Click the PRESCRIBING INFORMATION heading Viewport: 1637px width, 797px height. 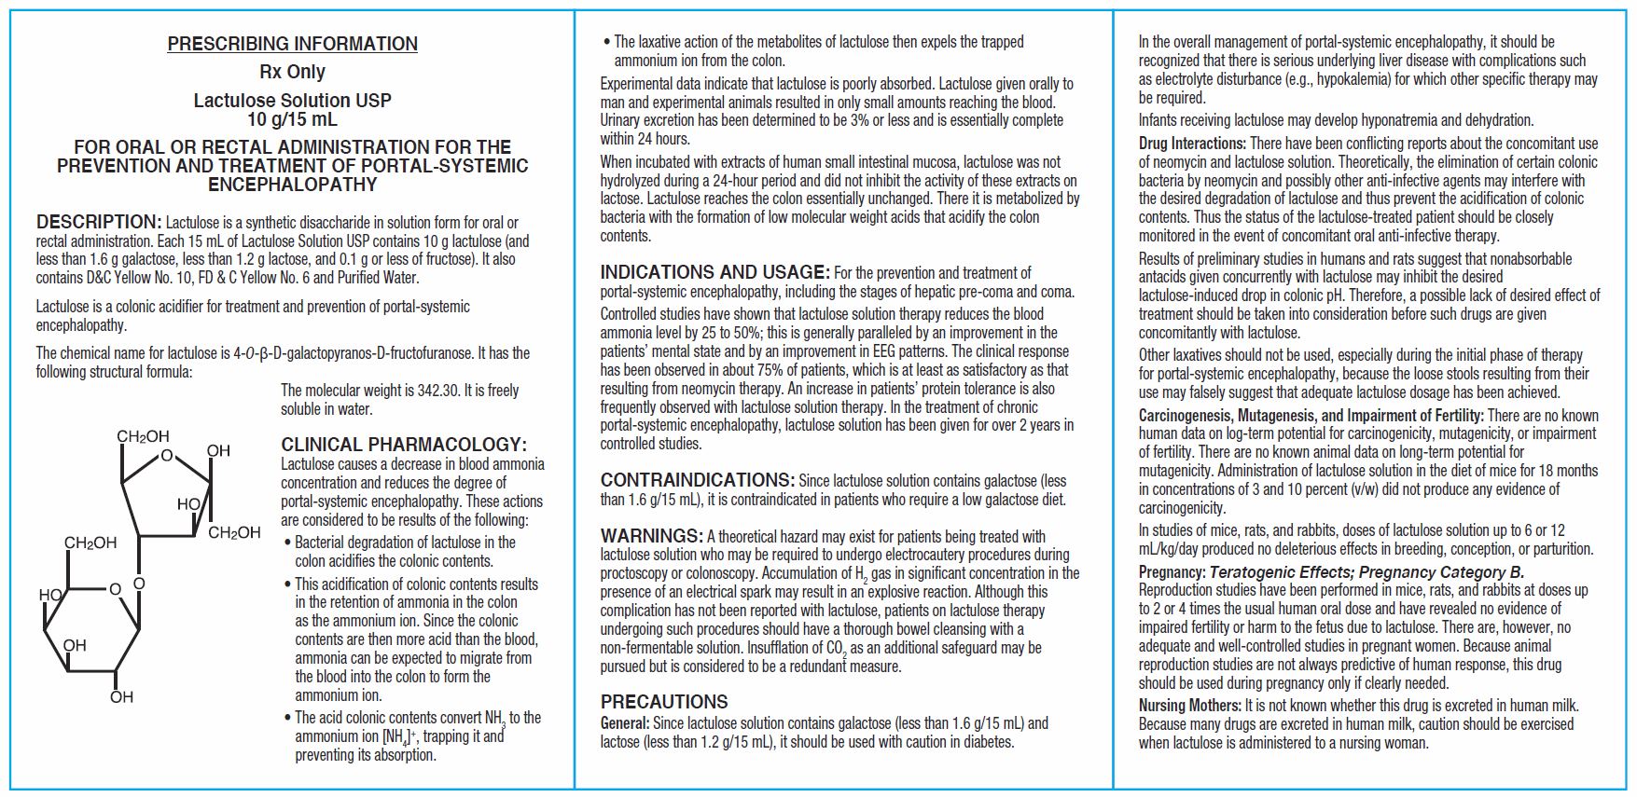click(x=292, y=44)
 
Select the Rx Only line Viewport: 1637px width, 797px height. click(x=292, y=72)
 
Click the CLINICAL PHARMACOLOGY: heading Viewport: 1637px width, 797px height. click(x=404, y=445)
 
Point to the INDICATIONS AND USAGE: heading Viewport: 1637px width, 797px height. click(x=714, y=273)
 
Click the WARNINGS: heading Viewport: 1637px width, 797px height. click(x=651, y=536)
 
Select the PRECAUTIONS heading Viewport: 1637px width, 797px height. click(x=664, y=702)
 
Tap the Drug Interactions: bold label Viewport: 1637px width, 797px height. click(x=1192, y=144)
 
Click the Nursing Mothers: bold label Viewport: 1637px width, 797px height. click(x=1189, y=707)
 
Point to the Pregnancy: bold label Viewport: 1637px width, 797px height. click(x=1172, y=572)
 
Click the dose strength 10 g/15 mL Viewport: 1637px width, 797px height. click(x=292, y=119)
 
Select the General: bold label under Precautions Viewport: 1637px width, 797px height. click(x=625, y=723)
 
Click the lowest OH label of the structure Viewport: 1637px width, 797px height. click(x=121, y=697)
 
